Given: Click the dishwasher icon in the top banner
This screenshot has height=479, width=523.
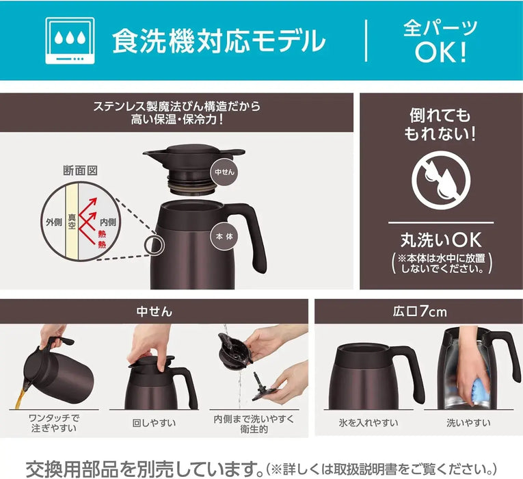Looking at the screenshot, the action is pos(70,40).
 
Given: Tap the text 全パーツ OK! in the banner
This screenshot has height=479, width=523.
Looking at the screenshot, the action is pos(440,41).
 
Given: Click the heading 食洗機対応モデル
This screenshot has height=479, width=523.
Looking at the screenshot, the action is pos(219,41).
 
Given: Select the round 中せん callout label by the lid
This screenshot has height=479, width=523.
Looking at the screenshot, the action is pos(224,172).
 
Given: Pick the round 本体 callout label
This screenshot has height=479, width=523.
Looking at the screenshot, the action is pos(224,236).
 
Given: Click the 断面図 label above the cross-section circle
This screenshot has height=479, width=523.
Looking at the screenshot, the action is pos(80,170).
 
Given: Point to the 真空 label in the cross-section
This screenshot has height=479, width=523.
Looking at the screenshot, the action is pos(72,221).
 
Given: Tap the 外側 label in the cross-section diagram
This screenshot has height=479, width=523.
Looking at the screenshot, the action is pos(54,222).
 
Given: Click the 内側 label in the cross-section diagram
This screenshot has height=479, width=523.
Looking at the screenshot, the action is pos(108,222).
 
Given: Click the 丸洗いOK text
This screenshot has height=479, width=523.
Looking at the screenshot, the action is pos(441,239).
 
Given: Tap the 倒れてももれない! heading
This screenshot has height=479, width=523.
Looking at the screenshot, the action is pos(440,125).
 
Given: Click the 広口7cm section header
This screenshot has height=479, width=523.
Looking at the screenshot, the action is pos(419,312).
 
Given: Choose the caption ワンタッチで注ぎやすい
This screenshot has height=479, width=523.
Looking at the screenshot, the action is pos(54,423).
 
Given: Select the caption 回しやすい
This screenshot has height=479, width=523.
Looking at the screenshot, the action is pos(154,423).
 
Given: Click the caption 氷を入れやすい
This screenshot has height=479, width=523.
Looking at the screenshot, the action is pos(368,423).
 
